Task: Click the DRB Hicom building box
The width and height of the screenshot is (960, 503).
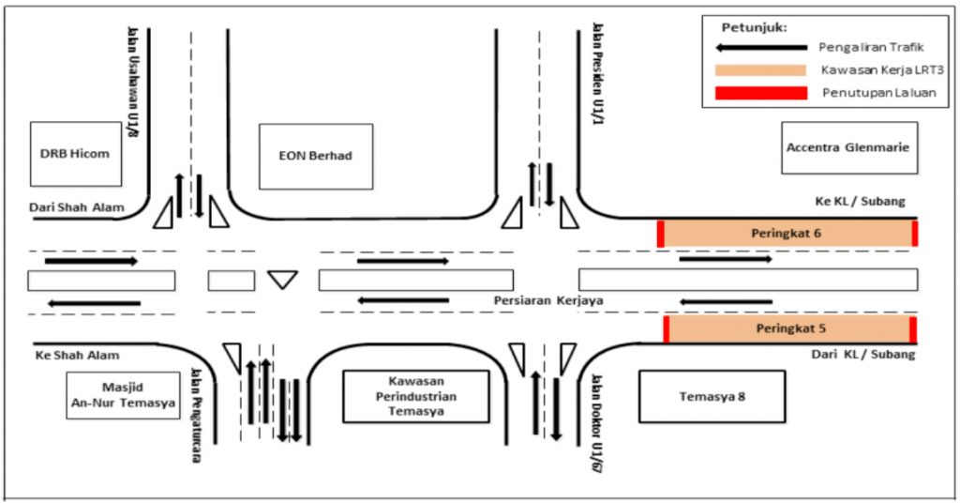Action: click(82, 154)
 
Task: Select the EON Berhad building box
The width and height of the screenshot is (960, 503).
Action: click(316, 156)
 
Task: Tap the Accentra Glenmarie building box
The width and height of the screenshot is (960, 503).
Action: click(848, 148)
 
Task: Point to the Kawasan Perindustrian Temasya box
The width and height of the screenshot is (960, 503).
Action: click(415, 396)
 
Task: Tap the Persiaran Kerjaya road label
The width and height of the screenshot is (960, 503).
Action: click(547, 300)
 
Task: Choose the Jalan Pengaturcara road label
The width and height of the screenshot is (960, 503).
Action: click(197, 404)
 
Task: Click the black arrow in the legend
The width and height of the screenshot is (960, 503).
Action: click(759, 47)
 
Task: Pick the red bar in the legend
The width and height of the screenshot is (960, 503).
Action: click(759, 93)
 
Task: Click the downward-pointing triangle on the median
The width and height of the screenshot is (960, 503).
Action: click(281, 279)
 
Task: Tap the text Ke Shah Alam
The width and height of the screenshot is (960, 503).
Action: click(70, 357)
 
